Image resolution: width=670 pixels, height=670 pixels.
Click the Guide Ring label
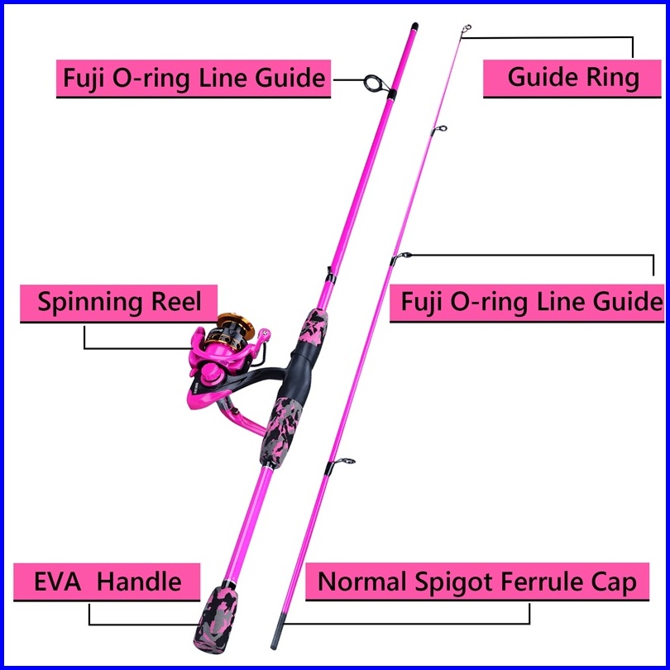point(572,79)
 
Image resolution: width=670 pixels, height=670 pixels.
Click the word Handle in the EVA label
point(139,581)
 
